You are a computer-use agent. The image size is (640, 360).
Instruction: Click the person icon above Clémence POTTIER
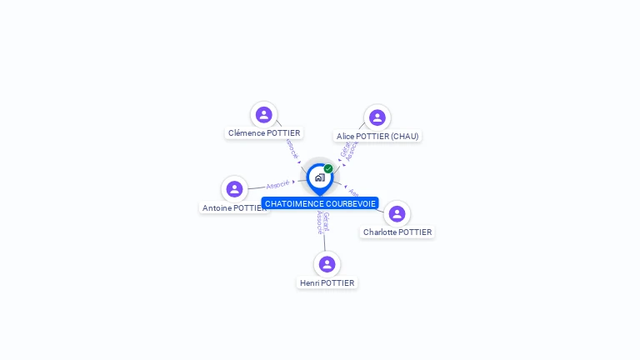point(264,115)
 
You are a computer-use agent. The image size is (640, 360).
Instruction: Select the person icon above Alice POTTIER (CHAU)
point(377,117)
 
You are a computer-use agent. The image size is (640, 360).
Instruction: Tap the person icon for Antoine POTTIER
point(234,189)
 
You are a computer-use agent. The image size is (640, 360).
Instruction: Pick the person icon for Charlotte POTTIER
point(397,214)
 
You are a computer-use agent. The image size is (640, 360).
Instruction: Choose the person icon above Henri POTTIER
point(327,264)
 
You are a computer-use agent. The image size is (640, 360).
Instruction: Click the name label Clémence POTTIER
point(264,133)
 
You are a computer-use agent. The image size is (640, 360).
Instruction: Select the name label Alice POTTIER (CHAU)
point(377,136)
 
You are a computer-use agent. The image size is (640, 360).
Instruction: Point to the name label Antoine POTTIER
point(234,207)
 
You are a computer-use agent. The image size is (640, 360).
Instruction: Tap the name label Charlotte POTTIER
point(397,232)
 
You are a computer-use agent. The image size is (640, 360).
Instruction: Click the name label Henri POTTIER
point(327,283)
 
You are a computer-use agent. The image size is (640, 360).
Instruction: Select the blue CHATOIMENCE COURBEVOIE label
point(320,203)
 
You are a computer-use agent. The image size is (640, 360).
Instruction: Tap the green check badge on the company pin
point(328,169)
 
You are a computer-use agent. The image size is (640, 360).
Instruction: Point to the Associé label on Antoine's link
point(277,184)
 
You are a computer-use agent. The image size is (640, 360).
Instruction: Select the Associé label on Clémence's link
point(291,149)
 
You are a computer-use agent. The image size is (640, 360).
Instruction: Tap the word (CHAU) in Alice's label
point(403,136)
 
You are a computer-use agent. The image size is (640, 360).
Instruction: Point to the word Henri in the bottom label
point(309,283)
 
